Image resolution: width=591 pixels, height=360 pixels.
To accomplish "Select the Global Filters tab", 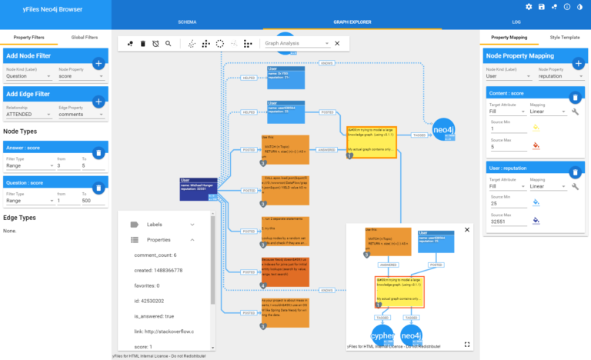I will pyautogui.click(x=84, y=37).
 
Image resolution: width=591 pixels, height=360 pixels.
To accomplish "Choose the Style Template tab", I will pyautogui.click(x=565, y=37).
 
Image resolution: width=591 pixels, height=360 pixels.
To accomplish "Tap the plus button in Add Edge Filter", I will pyautogui.click(x=98, y=102).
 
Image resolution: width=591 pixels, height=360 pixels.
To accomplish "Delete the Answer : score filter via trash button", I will pyautogui.click(x=98, y=153).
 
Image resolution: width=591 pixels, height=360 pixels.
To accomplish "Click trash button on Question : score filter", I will pyautogui.click(x=98, y=188).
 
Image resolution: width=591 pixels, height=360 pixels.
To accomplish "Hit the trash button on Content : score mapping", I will pyautogui.click(x=574, y=98).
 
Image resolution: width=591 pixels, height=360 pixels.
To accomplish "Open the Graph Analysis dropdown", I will pyautogui.click(x=295, y=43).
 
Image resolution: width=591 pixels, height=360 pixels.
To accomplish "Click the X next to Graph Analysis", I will pyautogui.click(x=337, y=43).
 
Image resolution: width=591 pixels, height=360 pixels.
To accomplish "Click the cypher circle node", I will pyautogui.click(x=382, y=336).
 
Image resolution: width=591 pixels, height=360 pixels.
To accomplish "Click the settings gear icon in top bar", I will pyautogui.click(x=529, y=7).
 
